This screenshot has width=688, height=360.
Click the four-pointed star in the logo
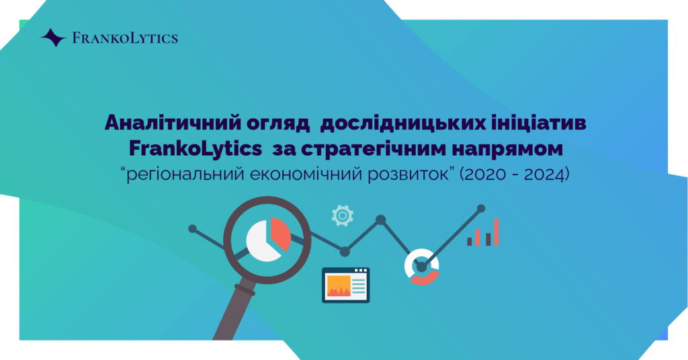tap(53, 38)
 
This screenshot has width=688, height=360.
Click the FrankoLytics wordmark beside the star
tap(125, 38)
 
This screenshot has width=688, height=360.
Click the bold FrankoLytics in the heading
tap(196, 149)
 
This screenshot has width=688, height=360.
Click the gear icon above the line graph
tap(343, 216)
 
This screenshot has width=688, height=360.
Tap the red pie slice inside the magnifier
tap(280, 232)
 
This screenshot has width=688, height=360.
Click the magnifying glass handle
tap(234, 312)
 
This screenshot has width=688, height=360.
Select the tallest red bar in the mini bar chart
tap(497, 232)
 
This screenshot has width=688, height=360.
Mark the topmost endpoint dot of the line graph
tap(481, 208)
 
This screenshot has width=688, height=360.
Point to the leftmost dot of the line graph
tap(192, 228)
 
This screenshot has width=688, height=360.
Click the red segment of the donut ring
tap(425, 278)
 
